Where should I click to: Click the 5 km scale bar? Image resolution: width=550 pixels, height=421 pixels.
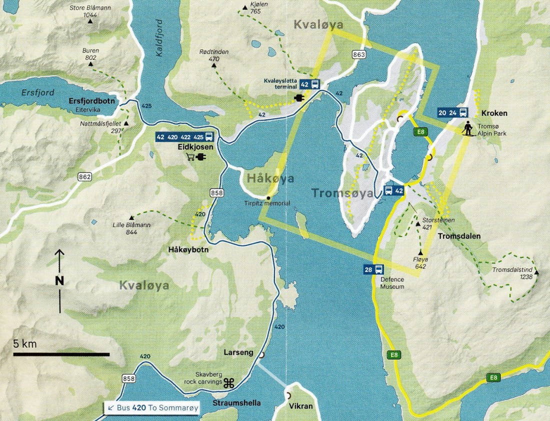(x=61, y=354)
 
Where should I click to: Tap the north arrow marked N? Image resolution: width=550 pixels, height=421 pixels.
(x=59, y=280)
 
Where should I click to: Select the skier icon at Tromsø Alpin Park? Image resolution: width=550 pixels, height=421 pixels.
(x=467, y=128)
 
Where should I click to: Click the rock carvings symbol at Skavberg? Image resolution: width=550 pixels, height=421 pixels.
(x=229, y=383)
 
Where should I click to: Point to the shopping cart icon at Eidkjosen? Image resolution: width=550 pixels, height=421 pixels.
(x=190, y=157)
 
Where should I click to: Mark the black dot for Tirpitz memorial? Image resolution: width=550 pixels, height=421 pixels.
(x=268, y=197)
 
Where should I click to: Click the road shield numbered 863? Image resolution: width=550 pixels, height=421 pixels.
(x=358, y=54)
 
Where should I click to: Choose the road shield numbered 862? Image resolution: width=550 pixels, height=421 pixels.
(x=84, y=176)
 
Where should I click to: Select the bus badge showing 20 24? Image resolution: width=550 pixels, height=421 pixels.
(x=453, y=112)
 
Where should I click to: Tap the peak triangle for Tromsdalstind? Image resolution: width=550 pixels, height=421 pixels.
(x=536, y=272)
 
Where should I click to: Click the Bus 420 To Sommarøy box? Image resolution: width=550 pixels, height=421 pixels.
(x=152, y=407)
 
